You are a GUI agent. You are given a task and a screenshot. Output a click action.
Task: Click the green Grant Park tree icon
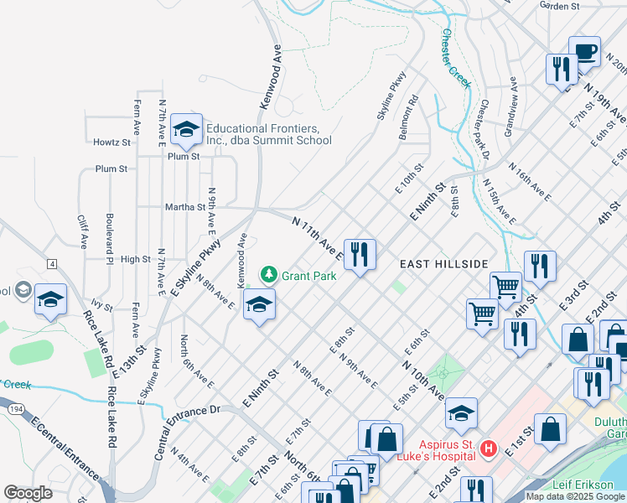(x=269, y=274)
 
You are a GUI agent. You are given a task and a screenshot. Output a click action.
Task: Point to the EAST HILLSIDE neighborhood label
(x=443, y=264)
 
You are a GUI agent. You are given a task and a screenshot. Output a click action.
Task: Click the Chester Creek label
(x=456, y=59)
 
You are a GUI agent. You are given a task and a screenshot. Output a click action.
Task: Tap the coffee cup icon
(x=584, y=51)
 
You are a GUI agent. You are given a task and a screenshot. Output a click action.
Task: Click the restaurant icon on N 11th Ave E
(x=360, y=254)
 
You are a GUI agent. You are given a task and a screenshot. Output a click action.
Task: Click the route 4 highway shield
(x=52, y=264)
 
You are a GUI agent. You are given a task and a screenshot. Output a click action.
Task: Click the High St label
(x=135, y=260)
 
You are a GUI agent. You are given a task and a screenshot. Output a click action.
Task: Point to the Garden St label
(x=560, y=6)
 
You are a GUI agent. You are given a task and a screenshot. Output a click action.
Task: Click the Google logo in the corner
(x=28, y=493)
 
